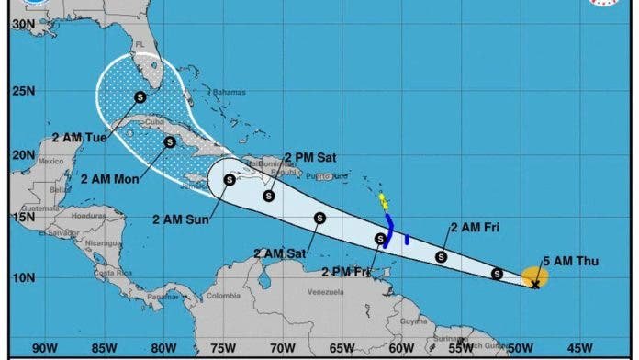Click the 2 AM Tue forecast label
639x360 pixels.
coord(79,137)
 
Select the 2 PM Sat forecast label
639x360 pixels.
coord(310,156)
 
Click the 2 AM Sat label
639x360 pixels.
coord(282,253)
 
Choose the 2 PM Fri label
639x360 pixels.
coord(347,271)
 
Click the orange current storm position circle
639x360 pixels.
coord(535,276)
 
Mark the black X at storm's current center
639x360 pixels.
coord(535,285)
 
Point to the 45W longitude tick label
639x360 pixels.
coord(579,347)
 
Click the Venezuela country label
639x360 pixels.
coord(325,292)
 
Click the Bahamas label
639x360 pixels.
coord(229,92)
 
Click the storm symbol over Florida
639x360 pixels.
coord(140,96)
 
